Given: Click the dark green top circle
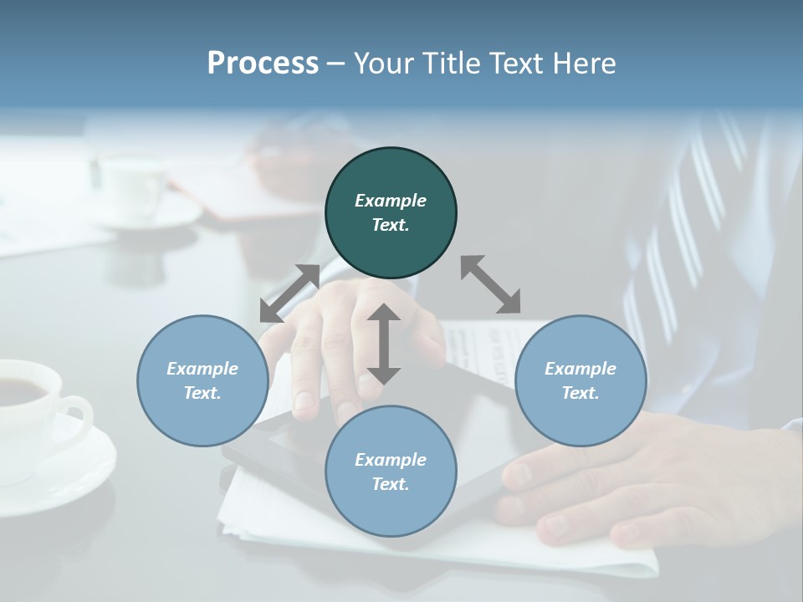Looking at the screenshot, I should pos(391,213).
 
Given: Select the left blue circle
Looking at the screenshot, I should pos(202,380).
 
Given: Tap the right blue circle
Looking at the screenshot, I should pos(581,380).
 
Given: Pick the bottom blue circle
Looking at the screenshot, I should pos(391,472).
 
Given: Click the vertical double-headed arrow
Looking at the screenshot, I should pos(384,344).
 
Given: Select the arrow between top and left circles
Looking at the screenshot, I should pos(289,293).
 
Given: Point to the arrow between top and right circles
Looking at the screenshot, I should pos(491,285).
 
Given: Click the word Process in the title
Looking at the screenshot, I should pos(263,64).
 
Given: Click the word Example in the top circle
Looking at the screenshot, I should pos(391,201).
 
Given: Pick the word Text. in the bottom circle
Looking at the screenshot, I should pos(391,484).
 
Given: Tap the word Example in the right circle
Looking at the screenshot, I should pos(581,369).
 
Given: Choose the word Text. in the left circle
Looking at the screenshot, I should pos(202,393).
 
